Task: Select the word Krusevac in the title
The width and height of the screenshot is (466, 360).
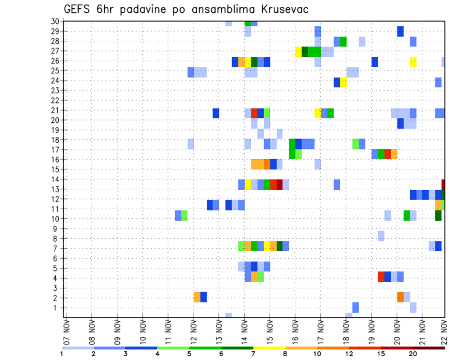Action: [281, 10]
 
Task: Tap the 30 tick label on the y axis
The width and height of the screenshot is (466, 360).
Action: [55, 21]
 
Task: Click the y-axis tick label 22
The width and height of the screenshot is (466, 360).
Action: [55, 100]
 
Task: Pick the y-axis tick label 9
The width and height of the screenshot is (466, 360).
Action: [57, 229]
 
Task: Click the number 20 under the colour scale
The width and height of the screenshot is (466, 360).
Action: [413, 354]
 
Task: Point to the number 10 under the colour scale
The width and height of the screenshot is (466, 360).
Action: [317, 354]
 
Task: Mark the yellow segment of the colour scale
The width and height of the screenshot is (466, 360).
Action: [269, 348]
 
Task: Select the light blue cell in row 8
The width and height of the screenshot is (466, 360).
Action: [381, 236]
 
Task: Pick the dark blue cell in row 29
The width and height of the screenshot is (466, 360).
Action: [400, 31]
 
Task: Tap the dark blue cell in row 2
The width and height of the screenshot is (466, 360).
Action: [203, 297]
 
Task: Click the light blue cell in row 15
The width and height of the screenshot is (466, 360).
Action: [317, 164]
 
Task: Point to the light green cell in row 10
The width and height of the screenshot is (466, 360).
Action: [184, 215]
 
